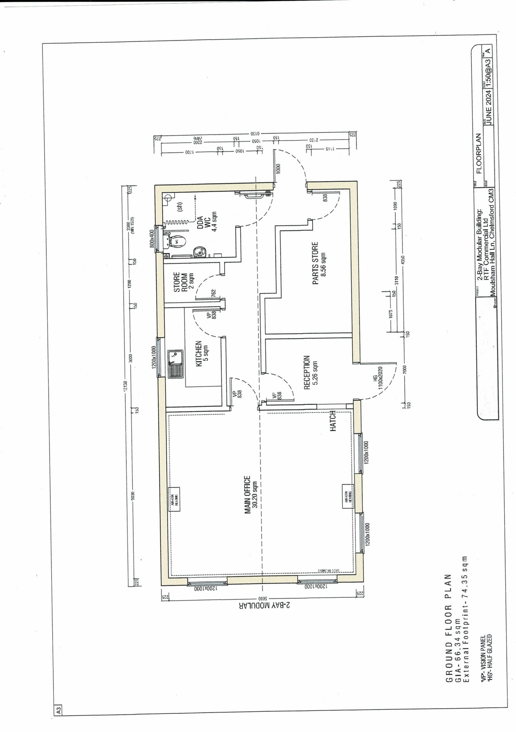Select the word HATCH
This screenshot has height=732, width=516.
click(333, 421)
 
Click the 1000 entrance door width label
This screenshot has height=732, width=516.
click(278, 169)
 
